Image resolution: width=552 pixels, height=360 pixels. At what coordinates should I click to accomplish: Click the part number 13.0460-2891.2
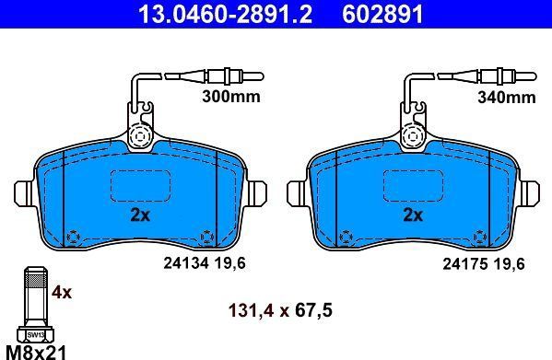[225, 14]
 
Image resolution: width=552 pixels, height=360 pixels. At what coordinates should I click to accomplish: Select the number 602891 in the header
[382, 14]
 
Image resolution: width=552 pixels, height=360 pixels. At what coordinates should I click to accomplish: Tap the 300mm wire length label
[231, 97]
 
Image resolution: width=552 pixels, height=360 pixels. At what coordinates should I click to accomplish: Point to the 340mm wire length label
[507, 97]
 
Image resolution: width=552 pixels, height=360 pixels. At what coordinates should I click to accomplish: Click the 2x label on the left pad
[140, 215]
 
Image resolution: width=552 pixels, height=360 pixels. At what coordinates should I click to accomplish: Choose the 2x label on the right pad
[413, 215]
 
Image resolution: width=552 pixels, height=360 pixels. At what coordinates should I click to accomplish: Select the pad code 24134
[186, 263]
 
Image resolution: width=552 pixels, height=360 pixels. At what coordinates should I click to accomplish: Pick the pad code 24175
[465, 263]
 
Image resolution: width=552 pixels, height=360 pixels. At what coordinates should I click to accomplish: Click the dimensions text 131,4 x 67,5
[280, 311]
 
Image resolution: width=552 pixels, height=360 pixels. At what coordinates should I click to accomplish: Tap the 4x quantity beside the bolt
[62, 292]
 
